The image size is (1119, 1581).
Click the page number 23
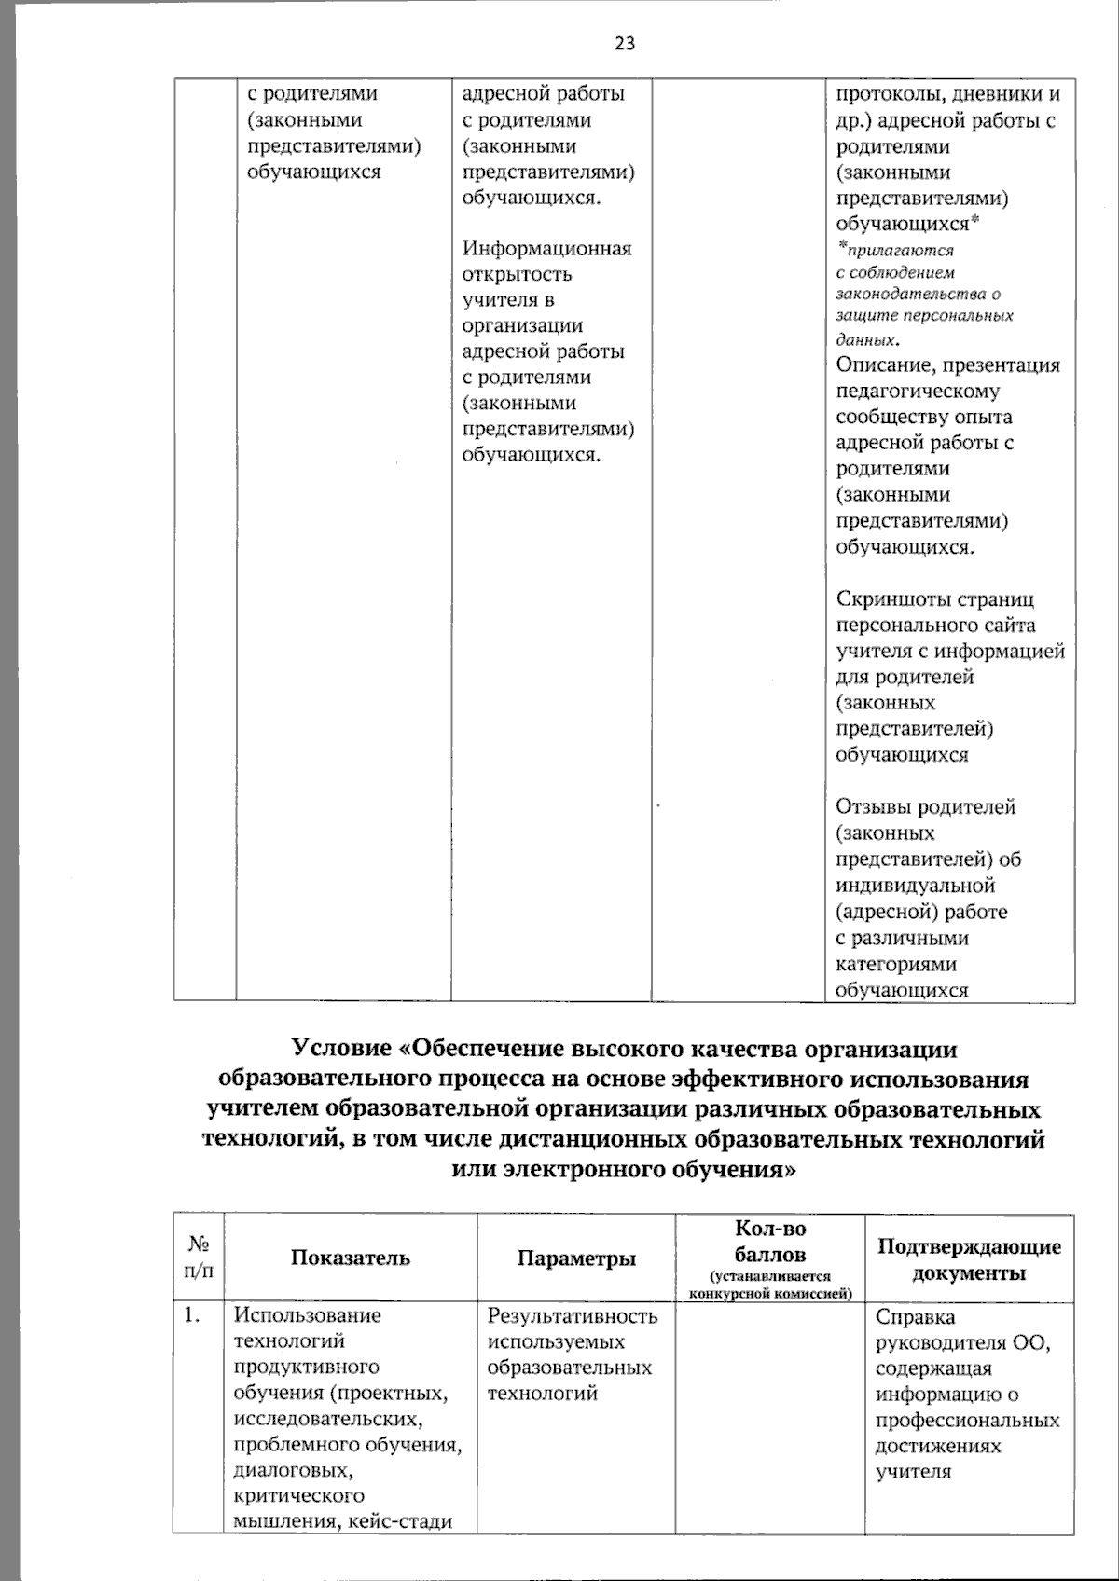click(x=625, y=43)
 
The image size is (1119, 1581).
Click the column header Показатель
click(x=350, y=1258)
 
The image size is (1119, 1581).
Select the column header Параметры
click(x=576, y=1258)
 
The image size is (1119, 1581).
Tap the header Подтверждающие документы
click(x=969, y=1259)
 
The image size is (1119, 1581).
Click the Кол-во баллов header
click(x=770, y=1242)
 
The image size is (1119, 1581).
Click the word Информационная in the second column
click(x=546, y=249)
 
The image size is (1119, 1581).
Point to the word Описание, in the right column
click(x=887, y=365)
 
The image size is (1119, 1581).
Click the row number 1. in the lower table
click(x=191, y=1315)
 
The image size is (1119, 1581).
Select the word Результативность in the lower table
click(x=573, y=1316)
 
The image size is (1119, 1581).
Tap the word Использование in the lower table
click(x=307, y=1315)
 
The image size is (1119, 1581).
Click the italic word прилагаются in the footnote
click(x=899, y=251)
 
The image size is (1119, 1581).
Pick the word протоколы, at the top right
click(x=889, y=94)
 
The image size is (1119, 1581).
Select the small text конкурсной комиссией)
click(x=770, y=1294)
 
